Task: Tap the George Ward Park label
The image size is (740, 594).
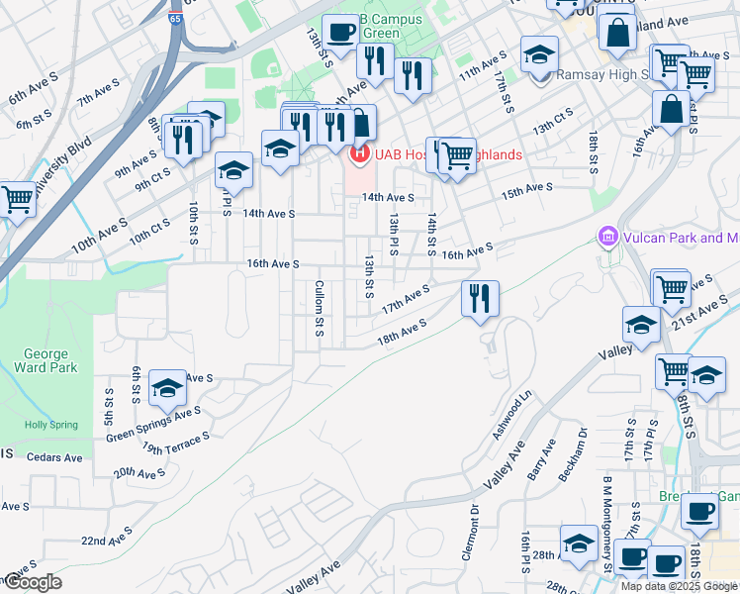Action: pos(46,361)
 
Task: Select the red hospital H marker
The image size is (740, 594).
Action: pos(359,154)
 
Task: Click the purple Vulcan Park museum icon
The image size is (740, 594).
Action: pos(606,238)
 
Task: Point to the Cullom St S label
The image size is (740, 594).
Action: pos(320,306)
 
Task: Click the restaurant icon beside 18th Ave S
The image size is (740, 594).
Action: pos(480,297)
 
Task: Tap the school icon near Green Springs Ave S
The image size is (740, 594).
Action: pos(168,389)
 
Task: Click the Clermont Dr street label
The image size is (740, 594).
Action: pos(475,534)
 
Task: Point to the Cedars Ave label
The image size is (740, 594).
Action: pos(55,457)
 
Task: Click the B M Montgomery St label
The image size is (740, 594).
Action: pos(607,526)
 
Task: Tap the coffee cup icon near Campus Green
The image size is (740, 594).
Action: pos(340,31)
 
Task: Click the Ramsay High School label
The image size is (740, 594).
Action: pos(601,73)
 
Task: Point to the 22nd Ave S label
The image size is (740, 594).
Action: pos(107,540)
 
